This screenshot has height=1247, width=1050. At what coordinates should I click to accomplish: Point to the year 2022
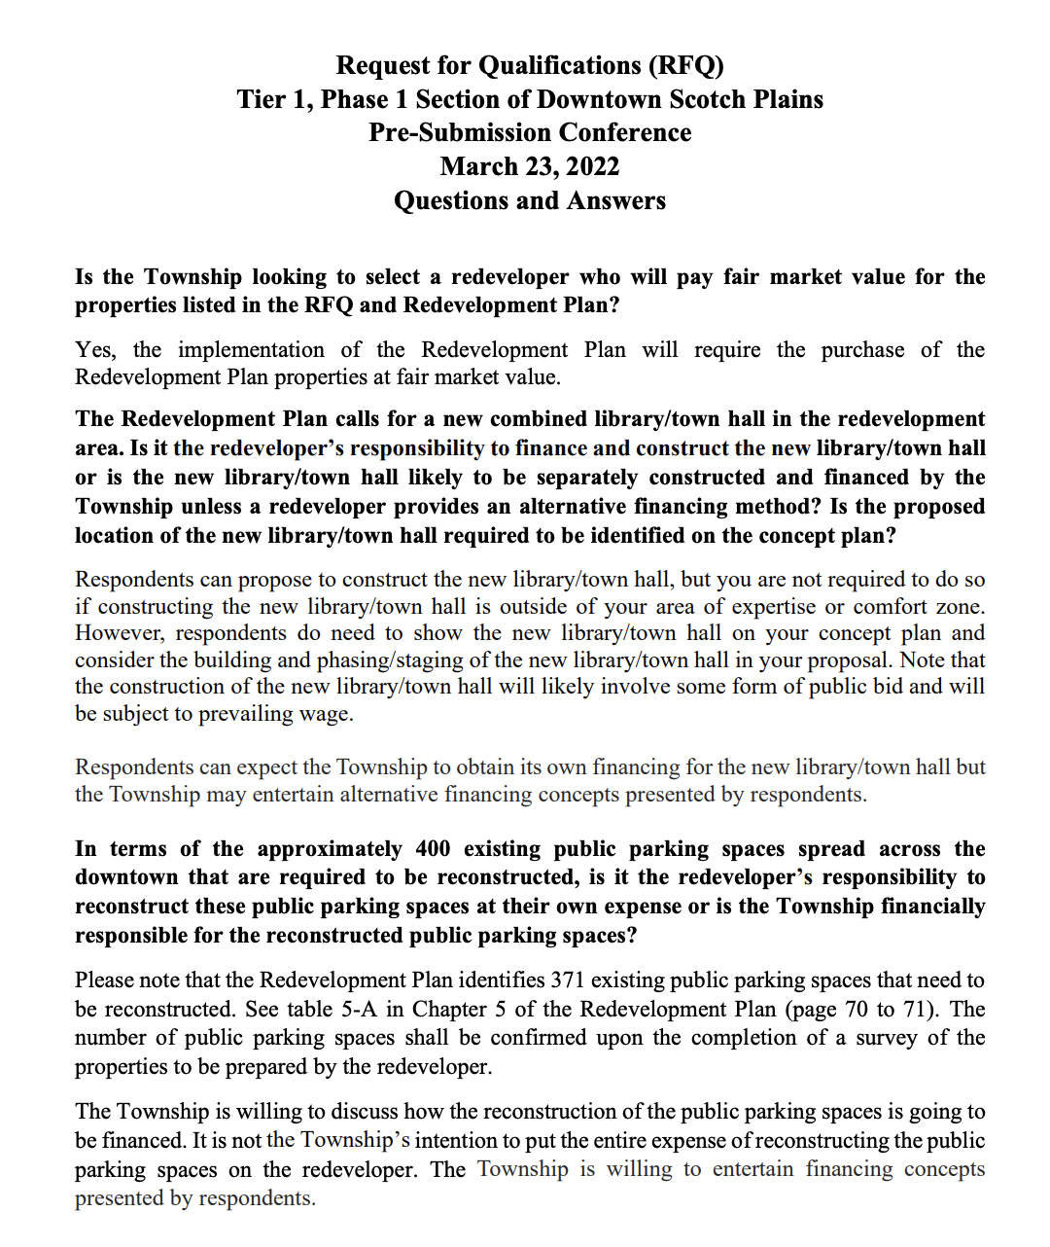pyautogui.click(x=592, y=166)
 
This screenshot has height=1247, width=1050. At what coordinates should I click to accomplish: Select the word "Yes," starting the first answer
pyautogui.click(x=95, y=350)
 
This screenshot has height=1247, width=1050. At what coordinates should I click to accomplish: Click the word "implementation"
pyautogui.click(x=251, y=350)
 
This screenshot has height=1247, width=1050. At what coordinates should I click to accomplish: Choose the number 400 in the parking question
pyautogui.click(x=433, y=849)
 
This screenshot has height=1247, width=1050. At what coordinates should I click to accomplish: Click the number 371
pyautogui.click(x=568, y=980)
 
